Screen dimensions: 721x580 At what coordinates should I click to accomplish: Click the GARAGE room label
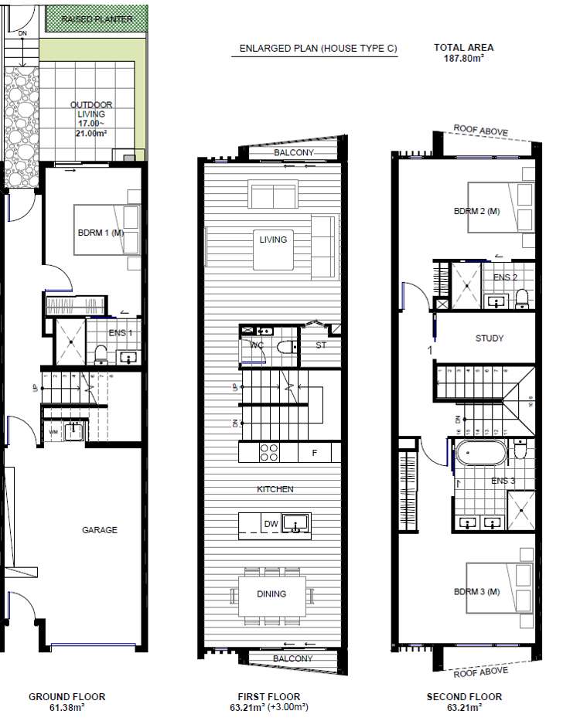[100, 530]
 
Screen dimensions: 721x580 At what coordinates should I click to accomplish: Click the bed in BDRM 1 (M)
[107, 230]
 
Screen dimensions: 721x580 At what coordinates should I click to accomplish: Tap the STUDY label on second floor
[490, 338]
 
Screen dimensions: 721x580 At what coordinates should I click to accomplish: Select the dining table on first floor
[272, 593]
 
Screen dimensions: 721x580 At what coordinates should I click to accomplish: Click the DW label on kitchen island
[271, 525]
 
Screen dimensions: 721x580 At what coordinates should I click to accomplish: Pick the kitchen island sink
[295, 524]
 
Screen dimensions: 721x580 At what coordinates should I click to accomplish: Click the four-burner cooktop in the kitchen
[270, 452]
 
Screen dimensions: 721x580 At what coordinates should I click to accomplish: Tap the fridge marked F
[314, 453]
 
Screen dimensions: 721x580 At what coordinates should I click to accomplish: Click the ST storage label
[321, 345]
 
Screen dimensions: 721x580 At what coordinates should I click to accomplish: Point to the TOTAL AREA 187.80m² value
[463, 57]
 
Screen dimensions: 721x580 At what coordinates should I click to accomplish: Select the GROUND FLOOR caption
[67, 697]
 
